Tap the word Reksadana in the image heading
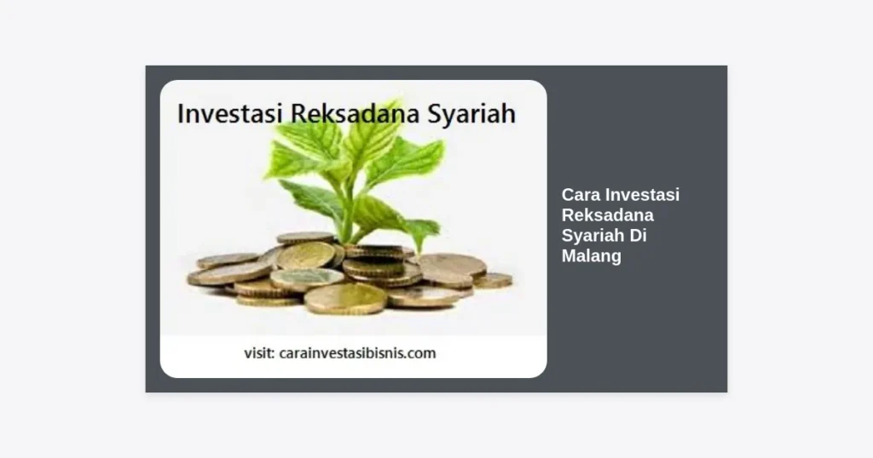click(356, 113)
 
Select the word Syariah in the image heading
click(471, 114)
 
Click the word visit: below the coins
click(259, 353)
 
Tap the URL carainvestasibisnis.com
click(357, 353)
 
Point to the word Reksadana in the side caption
click(607, 215)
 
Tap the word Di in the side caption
click(639, 235)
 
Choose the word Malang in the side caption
click(592, 256)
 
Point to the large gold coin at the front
click(345, 299)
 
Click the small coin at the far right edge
click(493, 280)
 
